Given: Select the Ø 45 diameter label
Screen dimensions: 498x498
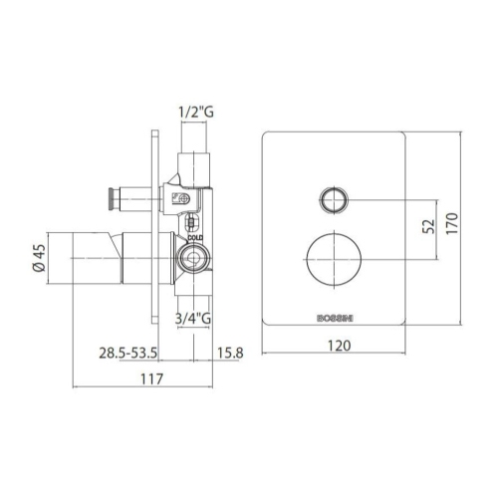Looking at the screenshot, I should [37, 259].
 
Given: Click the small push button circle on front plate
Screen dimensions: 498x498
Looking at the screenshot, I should [334, 199].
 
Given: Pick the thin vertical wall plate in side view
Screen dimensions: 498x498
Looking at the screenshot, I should [153, 229].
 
